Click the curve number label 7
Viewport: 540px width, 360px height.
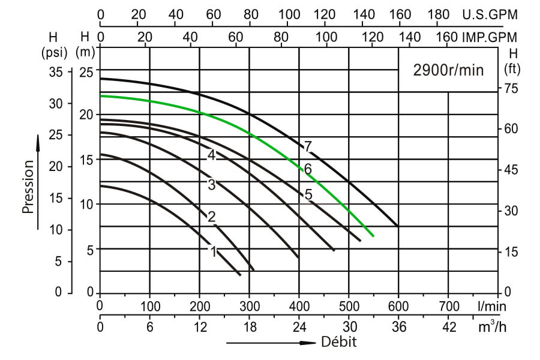308,146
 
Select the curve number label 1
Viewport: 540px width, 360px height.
213,251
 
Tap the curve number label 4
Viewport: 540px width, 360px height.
211,155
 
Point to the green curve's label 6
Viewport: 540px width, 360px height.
308,169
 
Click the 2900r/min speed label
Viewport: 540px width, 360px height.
448,70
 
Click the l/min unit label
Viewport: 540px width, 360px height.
492,306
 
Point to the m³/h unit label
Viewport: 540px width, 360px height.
491,327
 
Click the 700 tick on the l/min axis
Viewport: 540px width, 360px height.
448,306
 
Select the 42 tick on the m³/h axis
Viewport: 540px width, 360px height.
448,327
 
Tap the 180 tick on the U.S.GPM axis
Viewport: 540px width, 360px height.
441,14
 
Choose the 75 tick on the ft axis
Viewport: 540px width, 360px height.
511,89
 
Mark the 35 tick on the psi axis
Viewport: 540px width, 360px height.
55,72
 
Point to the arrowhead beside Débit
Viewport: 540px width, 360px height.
307,343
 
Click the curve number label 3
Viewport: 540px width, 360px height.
211,185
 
